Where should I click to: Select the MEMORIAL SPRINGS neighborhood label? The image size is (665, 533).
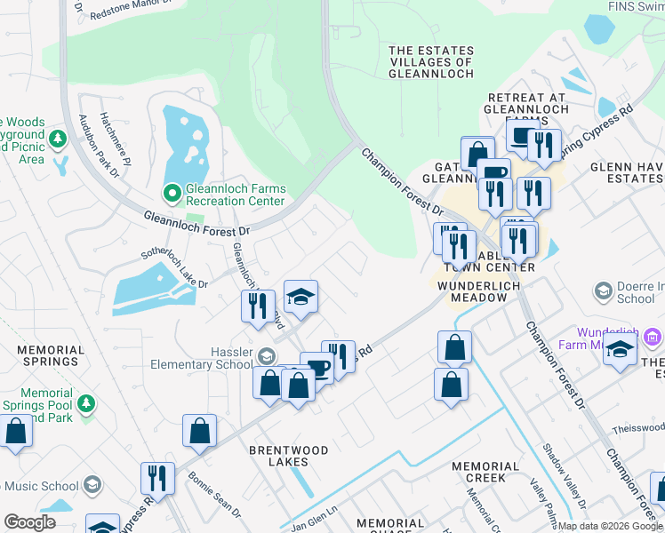[50, 355]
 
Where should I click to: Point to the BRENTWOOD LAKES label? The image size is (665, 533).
[289, 456]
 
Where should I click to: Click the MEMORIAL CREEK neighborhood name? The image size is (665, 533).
[485, 472]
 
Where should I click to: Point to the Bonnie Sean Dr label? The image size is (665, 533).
[214, 494]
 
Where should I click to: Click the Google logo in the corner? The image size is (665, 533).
[29, 521]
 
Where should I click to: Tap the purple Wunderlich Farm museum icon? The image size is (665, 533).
[653, 337]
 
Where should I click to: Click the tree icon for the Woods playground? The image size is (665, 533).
[58, 139]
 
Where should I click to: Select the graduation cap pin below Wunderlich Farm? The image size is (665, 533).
[620, 353]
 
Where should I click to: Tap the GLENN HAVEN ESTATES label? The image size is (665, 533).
[623, 172]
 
